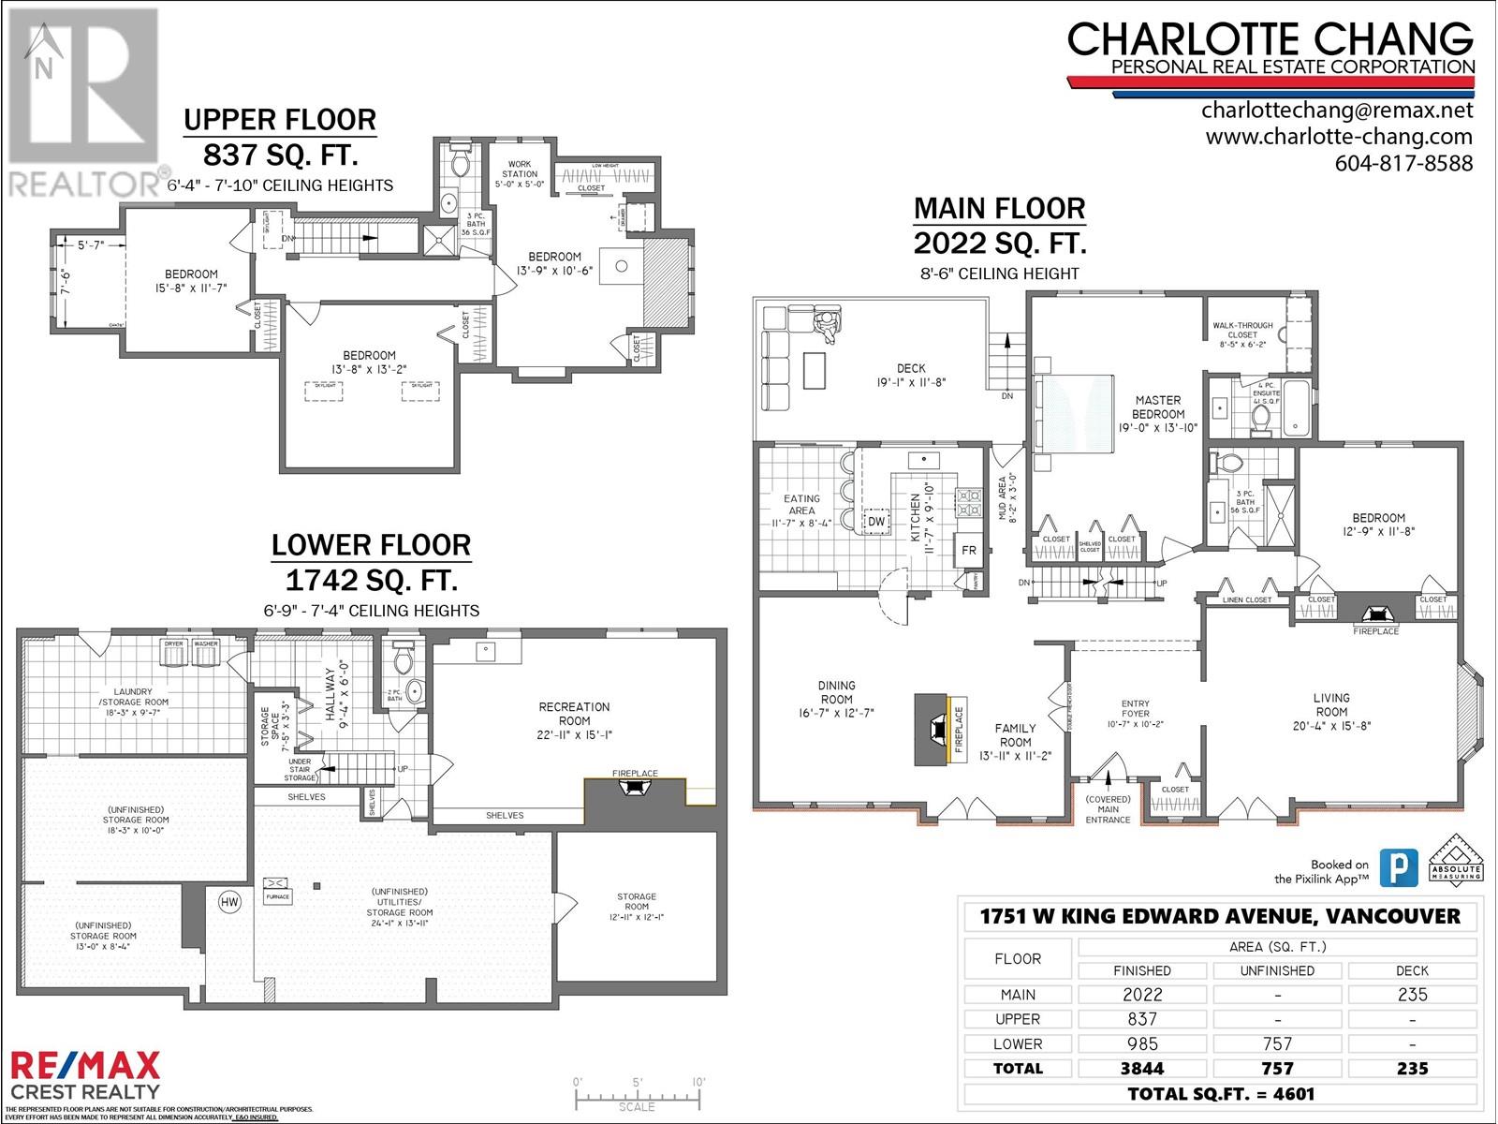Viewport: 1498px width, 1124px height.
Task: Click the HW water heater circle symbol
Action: pyautogui.click(x=228, y=902)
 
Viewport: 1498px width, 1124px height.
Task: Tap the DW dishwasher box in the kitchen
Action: pyautogui.click(x=876, y=522)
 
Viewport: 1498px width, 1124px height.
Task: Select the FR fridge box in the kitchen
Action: pyautogui.click(x=969, y=551)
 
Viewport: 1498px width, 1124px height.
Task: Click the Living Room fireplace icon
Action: pyautogui.click(x=1375, y=614)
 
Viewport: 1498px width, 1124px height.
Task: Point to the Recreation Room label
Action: pyautogui.click(x=574, y=714)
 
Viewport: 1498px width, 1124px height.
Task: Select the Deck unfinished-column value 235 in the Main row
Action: pyautogui.click(x=1411, y=995)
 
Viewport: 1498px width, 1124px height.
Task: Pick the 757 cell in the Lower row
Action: pyautogui.click(x=1277, y=1043)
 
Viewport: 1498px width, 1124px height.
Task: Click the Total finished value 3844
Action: pyautogui.click(x=1142, y=1068)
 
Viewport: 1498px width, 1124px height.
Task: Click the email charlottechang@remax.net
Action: pyautogui.click(x=1337, y=111)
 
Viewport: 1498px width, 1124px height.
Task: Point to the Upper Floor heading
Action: pyautogui.click(x=280, y=120)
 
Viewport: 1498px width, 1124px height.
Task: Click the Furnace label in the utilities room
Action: pyautogui.click(x=278, y=896)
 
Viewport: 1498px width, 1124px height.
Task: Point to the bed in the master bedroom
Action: pyautogui.click(x=1074, y=411)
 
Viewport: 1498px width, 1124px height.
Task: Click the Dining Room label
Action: pyautogui.click(x=836, y=692)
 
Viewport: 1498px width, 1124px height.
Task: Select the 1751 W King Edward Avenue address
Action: pyautogui.click(x=1220, y=917)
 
